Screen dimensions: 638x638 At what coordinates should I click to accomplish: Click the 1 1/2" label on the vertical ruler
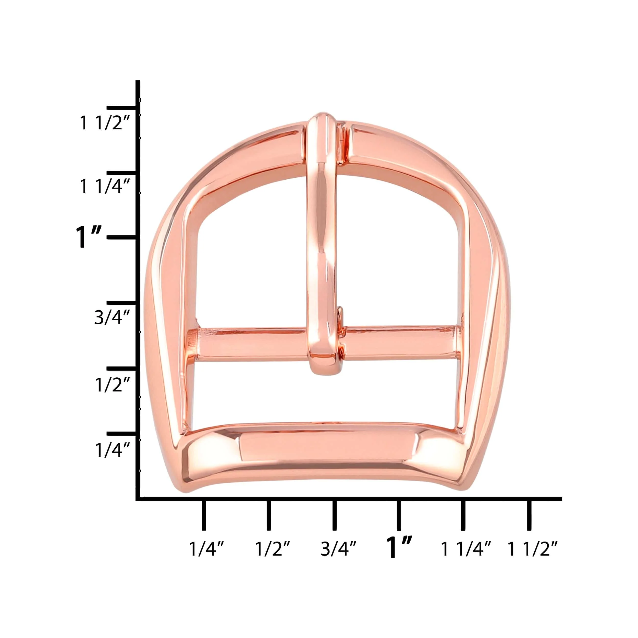105,123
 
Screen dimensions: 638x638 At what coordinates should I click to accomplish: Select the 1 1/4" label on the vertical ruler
105,187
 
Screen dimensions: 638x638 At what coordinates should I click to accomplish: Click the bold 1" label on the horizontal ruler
399,547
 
